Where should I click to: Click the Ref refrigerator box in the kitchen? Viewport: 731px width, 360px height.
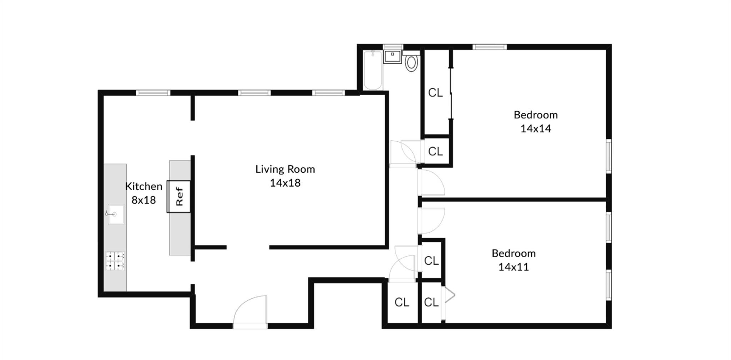[x=179, y=196]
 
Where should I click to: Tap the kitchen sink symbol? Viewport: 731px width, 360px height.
[x=116, y=214]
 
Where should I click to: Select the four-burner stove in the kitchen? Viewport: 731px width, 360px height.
[x=115, y=261]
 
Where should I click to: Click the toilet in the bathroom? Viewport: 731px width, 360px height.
[x=412, y=63]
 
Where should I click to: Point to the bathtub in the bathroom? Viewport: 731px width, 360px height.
[x=373, y=70]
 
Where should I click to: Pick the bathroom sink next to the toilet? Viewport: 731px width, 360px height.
[x=392, y=56]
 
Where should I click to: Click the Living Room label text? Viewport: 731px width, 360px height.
[x=285, y=169]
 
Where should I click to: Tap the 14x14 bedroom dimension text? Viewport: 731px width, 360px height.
[x=535, y=128]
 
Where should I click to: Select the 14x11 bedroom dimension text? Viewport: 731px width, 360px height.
[x=513, y=267]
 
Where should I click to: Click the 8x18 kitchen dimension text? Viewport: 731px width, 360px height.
[x=143, y=200]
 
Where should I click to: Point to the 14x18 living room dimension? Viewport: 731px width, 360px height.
[x=285, y=183]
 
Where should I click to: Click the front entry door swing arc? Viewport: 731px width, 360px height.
[x=250, y=310]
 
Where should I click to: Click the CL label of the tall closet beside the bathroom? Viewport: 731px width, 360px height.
[x=435, y=93]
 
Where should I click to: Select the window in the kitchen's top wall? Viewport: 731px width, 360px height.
[x=153, y=93]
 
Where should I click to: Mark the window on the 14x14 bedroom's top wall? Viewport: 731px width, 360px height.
[x=490, y=47]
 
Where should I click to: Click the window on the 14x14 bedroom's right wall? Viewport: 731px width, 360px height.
[x=609, y=156]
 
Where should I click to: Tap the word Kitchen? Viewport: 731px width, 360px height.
[x=143, y=186]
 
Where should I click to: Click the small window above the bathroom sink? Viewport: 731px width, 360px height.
[x=393, y=47]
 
